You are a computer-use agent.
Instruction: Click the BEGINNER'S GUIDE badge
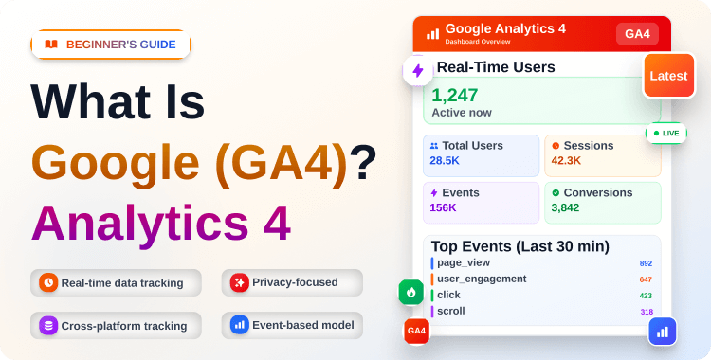(x=111, y=45)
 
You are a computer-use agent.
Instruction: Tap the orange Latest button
(x=669, y=76)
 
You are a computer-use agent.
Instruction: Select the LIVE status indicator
(x=666, y=133)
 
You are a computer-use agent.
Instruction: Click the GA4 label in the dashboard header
(x=637, y=34)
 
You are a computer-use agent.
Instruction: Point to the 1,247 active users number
(x=455, y=95)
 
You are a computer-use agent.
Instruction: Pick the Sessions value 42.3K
(x=566, y=161)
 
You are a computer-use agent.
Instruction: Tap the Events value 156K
(x=444, y=207)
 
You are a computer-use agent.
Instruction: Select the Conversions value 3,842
(x=566, y=207)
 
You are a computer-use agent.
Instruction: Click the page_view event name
(x=464, y=262)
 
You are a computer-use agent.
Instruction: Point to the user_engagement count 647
(x=646, y=279)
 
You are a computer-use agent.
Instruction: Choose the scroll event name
(x=451, y=311)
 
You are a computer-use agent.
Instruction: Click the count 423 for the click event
(x=646, y=296)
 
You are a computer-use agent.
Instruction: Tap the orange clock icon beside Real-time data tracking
(x=48, y=282)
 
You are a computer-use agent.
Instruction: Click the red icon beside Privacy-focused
(x=240, y=282)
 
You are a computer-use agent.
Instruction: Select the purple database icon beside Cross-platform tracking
(x=48, y=325)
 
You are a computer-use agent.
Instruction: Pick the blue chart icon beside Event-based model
(x=240, y=325)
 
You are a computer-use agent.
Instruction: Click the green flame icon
(x=411, y=292)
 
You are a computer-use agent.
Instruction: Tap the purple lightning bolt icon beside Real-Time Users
(x=416, y=71)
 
